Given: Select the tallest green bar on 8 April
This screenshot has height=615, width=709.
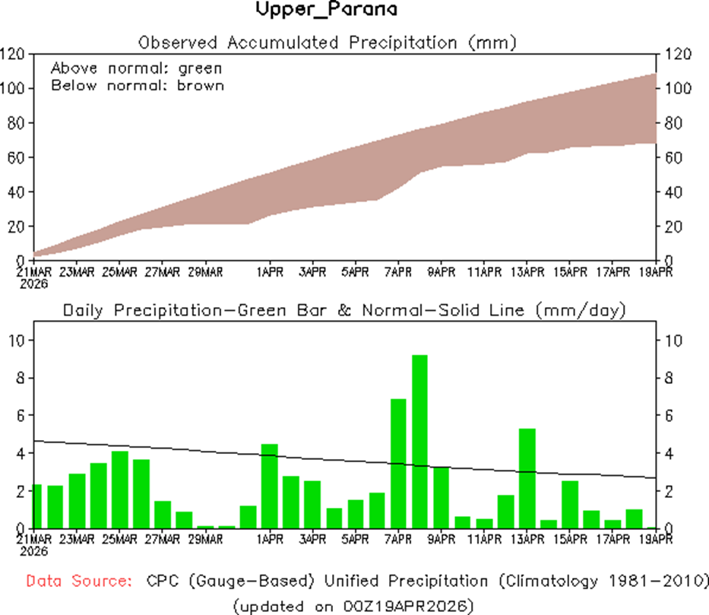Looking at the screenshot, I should tap(419, 441).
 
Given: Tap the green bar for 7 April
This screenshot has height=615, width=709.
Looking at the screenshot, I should tap(398, 463).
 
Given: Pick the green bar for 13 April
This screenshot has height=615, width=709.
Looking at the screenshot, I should tap(527, 478).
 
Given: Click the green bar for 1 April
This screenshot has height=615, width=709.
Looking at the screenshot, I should tap(269, 486).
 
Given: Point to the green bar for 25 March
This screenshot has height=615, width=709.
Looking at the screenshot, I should tap(119, 490).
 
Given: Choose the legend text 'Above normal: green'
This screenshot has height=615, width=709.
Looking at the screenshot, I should tap(137, 68).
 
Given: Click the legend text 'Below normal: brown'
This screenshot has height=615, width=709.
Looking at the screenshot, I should tap(138, 85).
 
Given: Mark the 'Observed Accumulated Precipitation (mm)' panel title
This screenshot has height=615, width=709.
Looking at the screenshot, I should tap(327, 42).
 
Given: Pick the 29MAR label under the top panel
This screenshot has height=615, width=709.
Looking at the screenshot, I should tap(204, 271).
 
